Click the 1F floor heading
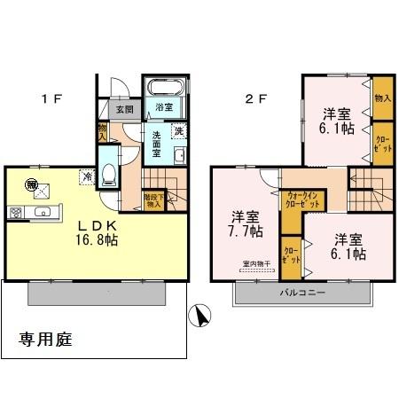pos(51,98)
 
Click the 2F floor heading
pos(255,98)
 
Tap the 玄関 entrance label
pos(123,110)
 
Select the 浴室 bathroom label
pos(163,109)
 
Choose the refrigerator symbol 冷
pos(88,176)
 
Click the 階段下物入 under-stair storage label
pos(153,200)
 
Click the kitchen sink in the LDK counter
pos(40,212)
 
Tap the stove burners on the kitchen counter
pos(15,212)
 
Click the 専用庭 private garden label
pos(46,340)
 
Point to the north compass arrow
pos(202,315)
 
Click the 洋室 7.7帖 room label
pos(246,224)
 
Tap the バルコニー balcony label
pos(303,292)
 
